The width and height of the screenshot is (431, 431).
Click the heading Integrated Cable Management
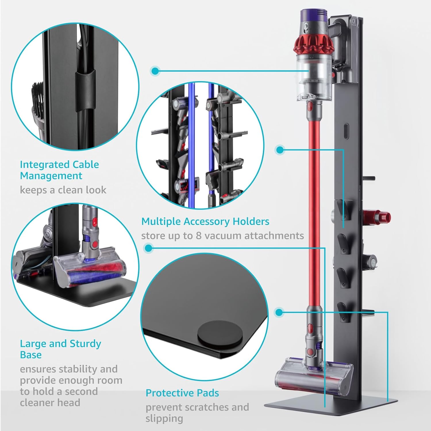[x=59, y=170]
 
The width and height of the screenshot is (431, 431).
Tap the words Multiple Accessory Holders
[x=205, y=221]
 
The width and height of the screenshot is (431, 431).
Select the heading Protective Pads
[x=182, y=393]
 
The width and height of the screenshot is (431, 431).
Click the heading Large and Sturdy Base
[x=60, y=349]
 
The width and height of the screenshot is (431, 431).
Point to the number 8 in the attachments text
[x=199, y=236]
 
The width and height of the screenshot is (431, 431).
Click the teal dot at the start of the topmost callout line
[x=155, y=71]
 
